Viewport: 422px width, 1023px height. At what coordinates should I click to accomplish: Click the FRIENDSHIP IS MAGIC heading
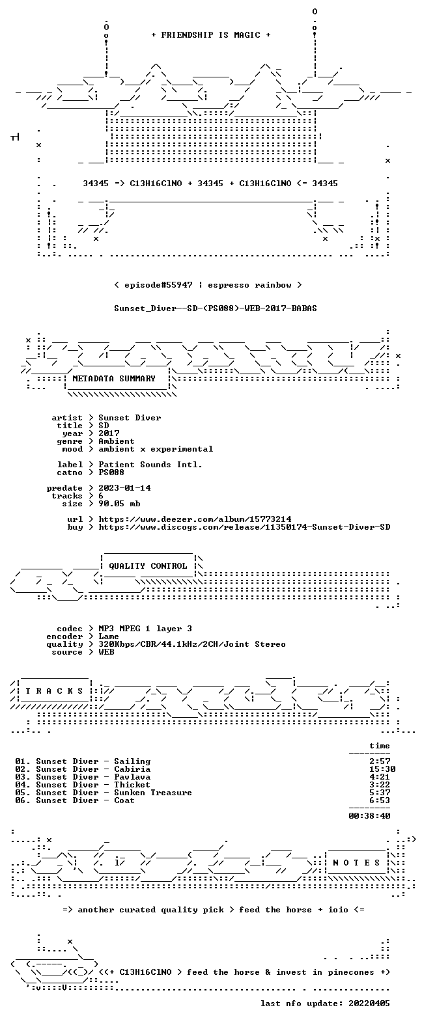(x=211, y=34)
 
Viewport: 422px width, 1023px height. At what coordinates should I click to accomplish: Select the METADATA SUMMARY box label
(x=114, y=379)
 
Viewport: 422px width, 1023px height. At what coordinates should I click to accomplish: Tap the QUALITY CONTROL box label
(x=148, y=566)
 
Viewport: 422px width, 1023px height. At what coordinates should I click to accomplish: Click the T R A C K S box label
(x=55, y=691)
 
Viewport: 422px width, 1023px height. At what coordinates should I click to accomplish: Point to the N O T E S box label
(x=357, y=863)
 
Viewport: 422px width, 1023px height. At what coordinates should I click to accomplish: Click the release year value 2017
(x=109, y=433)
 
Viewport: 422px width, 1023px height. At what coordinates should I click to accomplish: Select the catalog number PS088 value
(x=111, y=472)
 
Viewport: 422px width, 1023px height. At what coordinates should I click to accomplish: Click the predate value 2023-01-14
(x=124, y=488)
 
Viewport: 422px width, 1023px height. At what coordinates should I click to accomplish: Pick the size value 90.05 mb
(x=119, y=504)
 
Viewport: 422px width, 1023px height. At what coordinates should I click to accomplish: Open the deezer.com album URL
(x=195, y=519)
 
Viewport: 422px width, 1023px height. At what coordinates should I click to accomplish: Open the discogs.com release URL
(x=244, y=527)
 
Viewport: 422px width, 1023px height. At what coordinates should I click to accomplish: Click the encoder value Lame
(x=109, y=636)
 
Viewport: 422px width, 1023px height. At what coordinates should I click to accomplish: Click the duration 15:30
(x=382, y=769)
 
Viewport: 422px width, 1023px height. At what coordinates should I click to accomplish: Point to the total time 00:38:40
(x=369, y=815)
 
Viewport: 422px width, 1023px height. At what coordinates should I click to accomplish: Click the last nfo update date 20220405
(x=369, y=1003)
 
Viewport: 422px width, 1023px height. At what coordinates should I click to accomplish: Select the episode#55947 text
(x=159, y=285)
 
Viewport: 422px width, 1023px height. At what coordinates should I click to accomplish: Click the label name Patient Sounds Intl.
(x=150, y=465)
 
